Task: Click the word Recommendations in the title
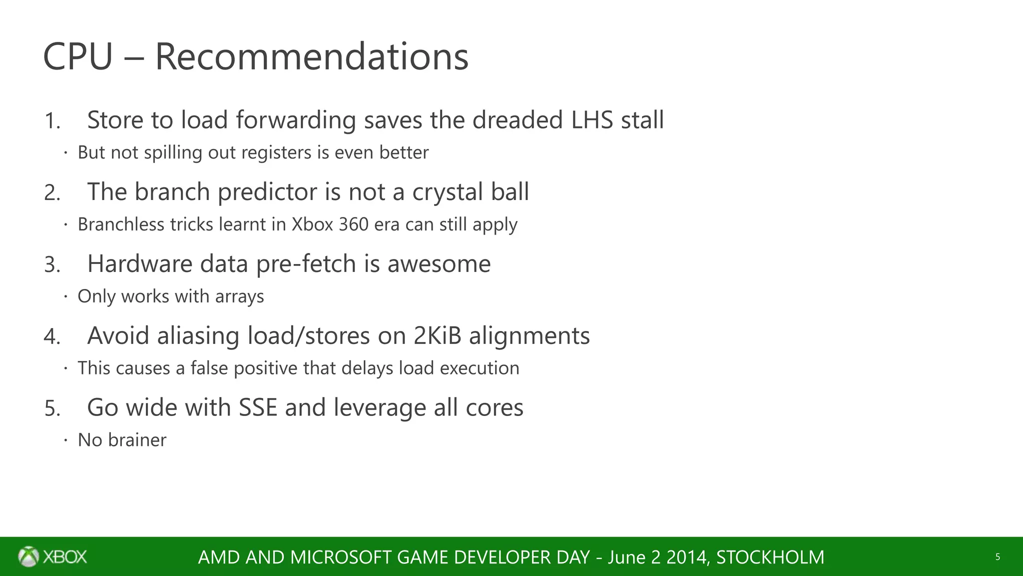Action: tap(312, 56)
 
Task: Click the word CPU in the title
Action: tap(78, 56)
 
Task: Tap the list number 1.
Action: tap(51, 121)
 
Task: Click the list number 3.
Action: tap(52, 264)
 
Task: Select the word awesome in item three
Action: tap(439, 263)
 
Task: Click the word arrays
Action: tap(239, 296)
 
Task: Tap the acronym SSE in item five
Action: tap(258, 407)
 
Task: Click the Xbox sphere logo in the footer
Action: tap(28, 556)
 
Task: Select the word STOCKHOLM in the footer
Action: tap(770, 557)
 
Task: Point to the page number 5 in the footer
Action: tap(998, 557)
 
